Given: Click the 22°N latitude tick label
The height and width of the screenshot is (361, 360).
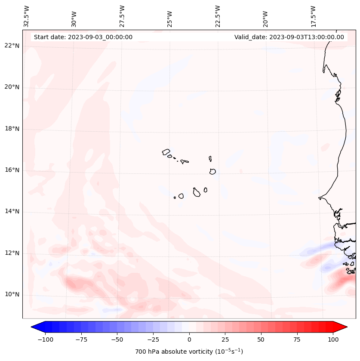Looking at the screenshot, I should [12, 46].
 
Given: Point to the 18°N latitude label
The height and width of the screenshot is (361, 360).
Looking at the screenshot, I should [12, 129].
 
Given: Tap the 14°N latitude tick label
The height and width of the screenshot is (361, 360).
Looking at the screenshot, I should [12, 211].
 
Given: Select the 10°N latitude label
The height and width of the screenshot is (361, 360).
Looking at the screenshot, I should [12, 294].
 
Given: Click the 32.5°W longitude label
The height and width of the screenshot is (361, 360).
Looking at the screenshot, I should [27, 16].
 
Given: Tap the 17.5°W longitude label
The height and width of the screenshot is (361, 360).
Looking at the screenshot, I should [313, 16].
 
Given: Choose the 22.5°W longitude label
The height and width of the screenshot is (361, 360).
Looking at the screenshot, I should [218, 16].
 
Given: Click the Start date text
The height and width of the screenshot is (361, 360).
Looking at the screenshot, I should [83, 37].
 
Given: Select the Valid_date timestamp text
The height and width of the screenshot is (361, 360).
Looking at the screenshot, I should [289, 37].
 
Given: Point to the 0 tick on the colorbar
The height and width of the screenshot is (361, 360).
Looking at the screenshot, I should [189, 339].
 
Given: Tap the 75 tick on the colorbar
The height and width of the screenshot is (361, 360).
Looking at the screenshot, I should [297, 339].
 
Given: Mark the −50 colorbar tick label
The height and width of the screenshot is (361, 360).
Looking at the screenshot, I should [117, 339].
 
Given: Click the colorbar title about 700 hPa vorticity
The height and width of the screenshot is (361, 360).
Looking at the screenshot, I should [189, 352].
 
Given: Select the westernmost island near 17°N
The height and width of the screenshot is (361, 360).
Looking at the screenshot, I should [166, 151].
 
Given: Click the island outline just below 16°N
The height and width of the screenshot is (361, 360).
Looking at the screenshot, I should [212, 171].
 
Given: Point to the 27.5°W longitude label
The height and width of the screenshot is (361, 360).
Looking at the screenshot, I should [122, 16].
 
